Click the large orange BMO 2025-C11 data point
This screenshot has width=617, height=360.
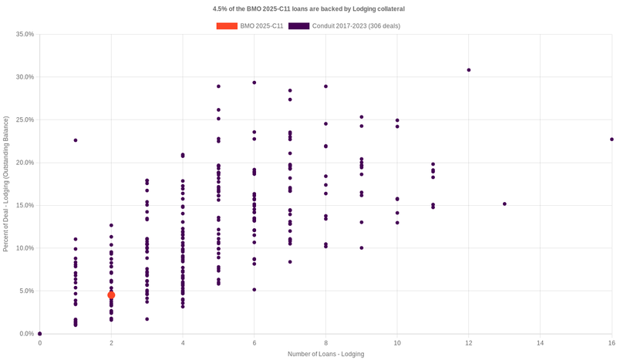pyautogui.click(x=111, y=295)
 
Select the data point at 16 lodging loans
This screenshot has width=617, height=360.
pyautogui.click(x=612, y=140)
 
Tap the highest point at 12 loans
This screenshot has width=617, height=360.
pyautogui.click(x=469, y=70)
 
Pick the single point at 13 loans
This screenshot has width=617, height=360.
pyautogui.click(x=504, y=204)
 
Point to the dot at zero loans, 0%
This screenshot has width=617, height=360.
pyautogui.click(x=40, y=334)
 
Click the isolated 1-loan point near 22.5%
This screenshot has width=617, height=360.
pyautogui.click(x=76, y=140)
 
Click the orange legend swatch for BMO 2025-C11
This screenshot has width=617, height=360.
pyautogui.click(x=227, y=26)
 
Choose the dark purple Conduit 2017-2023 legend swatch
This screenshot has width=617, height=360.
pyautogui.click(x=298, y=26)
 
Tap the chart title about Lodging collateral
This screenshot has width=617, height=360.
pyautogui.click(x=308, y=8)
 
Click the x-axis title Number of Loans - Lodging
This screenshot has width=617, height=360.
pyautogui.click(x=325, y=354)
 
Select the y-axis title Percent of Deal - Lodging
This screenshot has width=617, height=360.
pyautogui.click(x=6, y=184)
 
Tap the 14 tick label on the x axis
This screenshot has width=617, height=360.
pyautogui.click(x=540, y=343)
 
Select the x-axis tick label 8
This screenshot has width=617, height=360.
pyautogui.click(x=325, y=343)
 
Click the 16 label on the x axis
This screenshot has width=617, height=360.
pyautogui.click(x=611, y=343)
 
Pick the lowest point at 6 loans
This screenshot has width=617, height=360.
pyautogui.click(x=255, y=290)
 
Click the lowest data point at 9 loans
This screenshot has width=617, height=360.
pyautogui.click(x=362, y=248)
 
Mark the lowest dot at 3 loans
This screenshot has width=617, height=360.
pyautogui.click(x=147, y=319)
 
